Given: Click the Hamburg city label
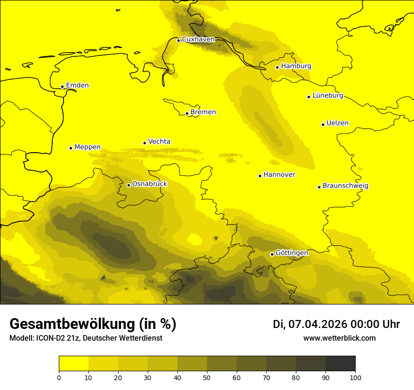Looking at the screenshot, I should [296, 66].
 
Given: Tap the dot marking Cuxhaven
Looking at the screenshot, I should [178, 40].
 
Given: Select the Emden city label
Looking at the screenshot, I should [77, 86].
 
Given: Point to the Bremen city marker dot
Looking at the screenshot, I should [187, 113].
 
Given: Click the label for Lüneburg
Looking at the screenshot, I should [327, 96].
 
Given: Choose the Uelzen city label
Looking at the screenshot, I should [337, 124].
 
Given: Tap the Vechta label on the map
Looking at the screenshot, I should [159, 141].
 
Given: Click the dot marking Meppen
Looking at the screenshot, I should [71, 148].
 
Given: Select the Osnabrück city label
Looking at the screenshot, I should [150, 184].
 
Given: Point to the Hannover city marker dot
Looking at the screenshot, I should [260, 176].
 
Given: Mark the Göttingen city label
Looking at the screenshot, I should [292, 253].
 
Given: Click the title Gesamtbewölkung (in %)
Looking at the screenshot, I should [93, 324].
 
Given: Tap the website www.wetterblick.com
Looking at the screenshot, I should [339, 338].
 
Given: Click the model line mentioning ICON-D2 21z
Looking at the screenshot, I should [86, 338].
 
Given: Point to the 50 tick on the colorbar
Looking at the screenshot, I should [207, 377].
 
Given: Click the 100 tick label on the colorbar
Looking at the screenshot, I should [355, 377].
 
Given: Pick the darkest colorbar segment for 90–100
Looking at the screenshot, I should [340, 364].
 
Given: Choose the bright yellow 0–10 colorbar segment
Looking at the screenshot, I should [73, 364].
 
